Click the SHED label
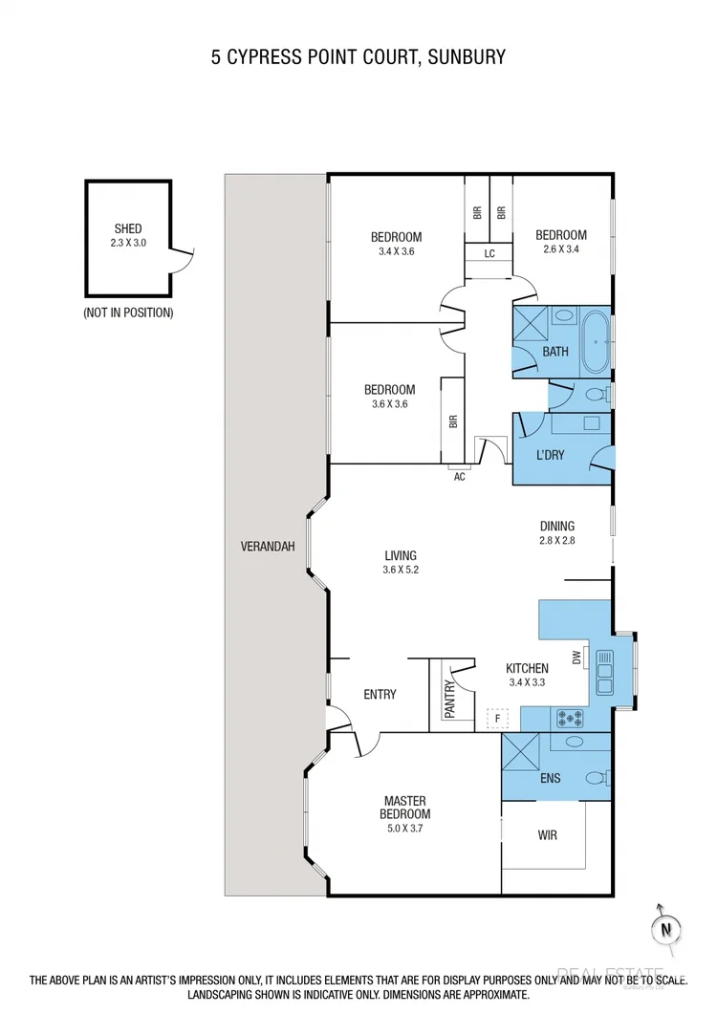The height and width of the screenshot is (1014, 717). pos(128,228)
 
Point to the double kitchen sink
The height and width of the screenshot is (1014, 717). pos(603,671)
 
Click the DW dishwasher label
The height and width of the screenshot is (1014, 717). pos(576,658)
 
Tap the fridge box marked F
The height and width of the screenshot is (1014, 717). pos(496,717)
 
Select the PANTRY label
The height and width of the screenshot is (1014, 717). pos(449,699)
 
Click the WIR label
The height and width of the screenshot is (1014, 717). pos(547,835)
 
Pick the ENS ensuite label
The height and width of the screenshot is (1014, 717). pos(550,779)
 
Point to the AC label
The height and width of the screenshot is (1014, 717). pos(459,477)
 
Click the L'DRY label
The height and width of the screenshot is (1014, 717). pos(550,456)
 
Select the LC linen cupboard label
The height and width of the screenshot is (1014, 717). pos(489,254)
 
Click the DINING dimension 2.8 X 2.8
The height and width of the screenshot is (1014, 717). pos(557,539)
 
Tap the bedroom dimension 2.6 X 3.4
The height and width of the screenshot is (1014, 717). pos(560,249)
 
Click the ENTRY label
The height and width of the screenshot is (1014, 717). pos(380,695)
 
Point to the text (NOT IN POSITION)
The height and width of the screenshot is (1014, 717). pos(128,313)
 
